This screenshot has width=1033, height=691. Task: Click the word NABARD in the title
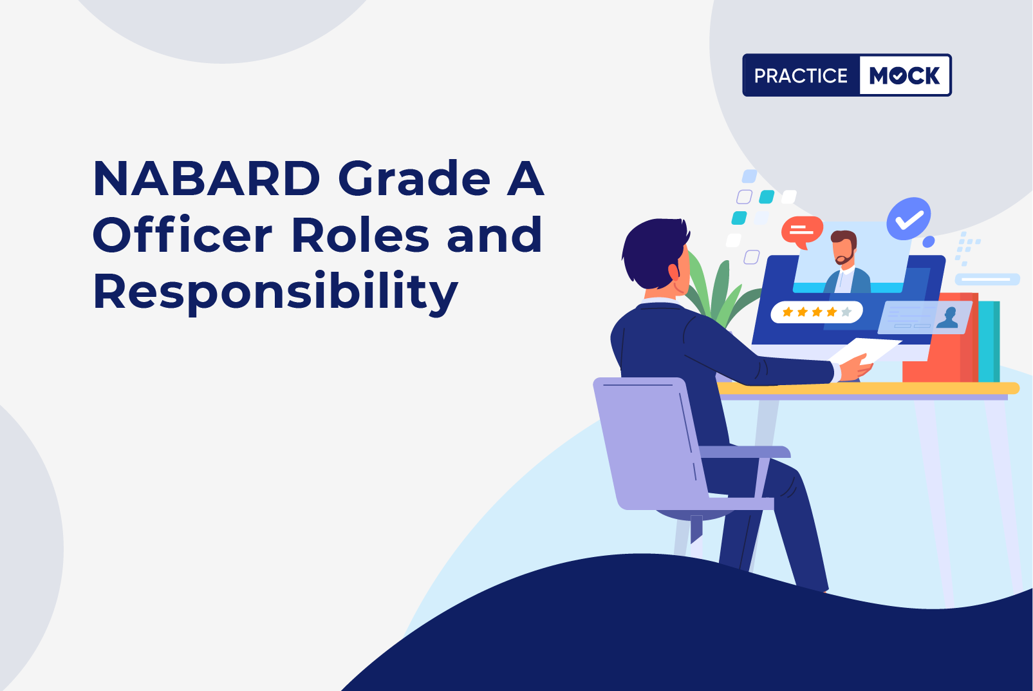coord(207,178)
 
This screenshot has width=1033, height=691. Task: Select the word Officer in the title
coord(183,235)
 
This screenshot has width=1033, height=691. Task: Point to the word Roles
coord(360,235)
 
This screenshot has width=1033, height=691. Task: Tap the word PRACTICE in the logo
coord(801,75)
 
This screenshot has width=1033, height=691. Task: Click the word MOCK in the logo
coord(904,75)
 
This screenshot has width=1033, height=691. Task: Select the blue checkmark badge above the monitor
coord(909,219)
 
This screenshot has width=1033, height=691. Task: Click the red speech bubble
coord(802,232)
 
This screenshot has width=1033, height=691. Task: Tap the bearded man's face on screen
coord(844,249)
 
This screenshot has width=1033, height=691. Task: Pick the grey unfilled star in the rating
coord(846,312)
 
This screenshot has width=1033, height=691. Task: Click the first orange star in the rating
coord(787,312)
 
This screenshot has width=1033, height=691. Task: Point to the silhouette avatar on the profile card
coord(947,318)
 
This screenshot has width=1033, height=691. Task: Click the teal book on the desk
coord(989,341)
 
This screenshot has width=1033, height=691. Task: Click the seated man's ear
coord(674,272)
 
